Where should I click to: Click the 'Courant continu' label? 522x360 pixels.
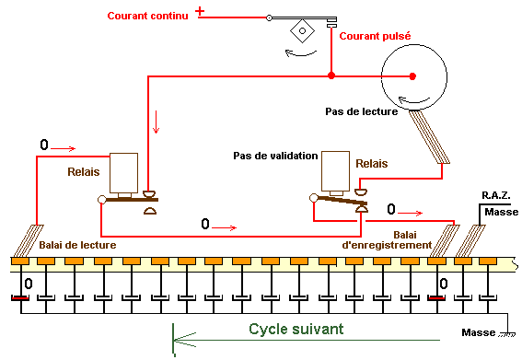point(148,16)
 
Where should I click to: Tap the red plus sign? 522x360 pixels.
point(200,11)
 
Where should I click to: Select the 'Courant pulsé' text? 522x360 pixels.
point(375,36)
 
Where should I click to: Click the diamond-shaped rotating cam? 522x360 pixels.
point(302,31)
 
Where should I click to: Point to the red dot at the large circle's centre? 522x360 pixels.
point(412,76)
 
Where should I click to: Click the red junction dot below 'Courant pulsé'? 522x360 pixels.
point(331,75)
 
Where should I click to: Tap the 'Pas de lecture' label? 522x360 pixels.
point(362,111)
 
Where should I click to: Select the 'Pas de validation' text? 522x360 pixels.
point(275,156)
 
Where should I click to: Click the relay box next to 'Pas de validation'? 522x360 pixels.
point(335,171)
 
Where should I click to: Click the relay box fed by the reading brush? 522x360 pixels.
point(124,173)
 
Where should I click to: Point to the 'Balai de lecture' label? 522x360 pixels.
point(77,245)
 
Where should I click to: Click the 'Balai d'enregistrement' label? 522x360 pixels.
point(387,239)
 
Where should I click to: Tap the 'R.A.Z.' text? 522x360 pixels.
point(496,195)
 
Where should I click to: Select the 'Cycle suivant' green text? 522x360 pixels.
point(296,329)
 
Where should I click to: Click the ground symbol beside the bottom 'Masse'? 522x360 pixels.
point(507,334)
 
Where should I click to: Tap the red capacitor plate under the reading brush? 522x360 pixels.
point(20,298)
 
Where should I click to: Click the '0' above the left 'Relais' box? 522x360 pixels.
point(44,145)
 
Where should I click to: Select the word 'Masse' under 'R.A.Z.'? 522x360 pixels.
point(502,212)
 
